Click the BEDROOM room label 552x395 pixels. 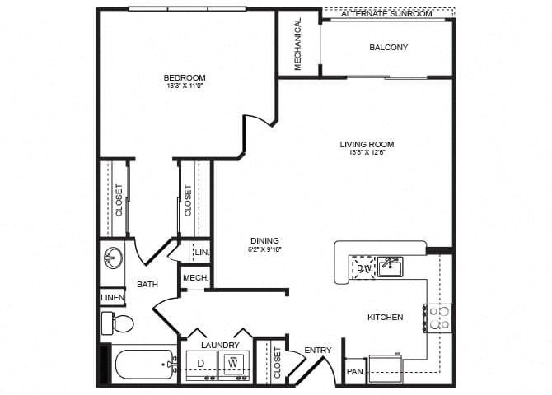185,78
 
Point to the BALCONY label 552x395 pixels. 387,48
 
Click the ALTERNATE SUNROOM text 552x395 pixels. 386,14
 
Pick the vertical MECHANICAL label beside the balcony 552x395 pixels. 298,44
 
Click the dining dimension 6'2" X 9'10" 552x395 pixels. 264,250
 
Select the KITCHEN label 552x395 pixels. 385,317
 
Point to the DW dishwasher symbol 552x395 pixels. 363,267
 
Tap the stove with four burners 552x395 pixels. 438,317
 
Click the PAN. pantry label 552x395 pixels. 354,372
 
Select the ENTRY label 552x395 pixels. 317,351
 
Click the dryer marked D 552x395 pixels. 201,363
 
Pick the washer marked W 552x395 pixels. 233,362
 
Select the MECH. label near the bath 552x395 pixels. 194,278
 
